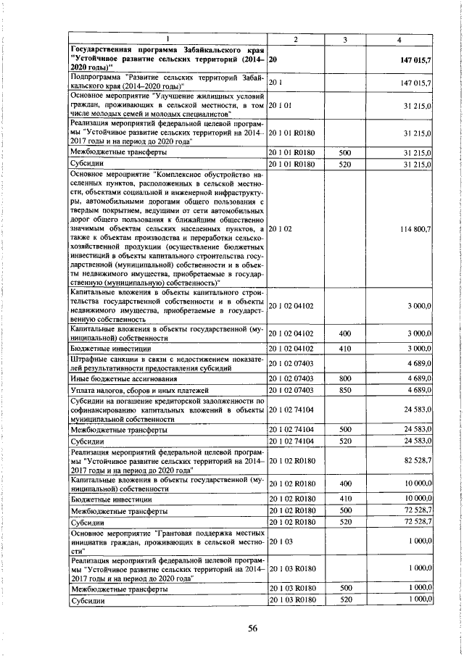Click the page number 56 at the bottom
click(233, 628)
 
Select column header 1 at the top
click(167, 37)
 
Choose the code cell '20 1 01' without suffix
click(281, 106)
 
